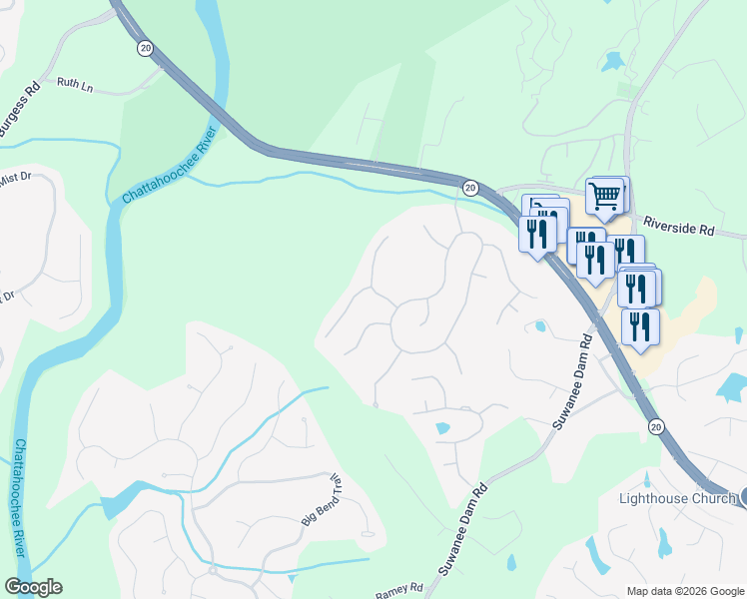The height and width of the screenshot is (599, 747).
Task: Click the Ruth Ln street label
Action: click(74, 85)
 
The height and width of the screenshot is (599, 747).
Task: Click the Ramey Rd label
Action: click(398, 591)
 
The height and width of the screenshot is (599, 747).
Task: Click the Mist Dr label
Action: click(14, 179)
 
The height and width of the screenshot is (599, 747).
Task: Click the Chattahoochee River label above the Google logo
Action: click(19, 499)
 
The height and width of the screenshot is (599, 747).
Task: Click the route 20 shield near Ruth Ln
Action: click(146, 48)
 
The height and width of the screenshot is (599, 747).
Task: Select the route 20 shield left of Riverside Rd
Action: click(470, 188)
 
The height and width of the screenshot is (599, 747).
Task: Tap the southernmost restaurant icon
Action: click(639, 327)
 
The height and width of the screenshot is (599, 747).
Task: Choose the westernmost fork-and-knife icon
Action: click(536, 234)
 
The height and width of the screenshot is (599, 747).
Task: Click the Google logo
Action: click(33, 586)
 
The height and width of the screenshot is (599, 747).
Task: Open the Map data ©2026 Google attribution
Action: click(685, 590)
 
